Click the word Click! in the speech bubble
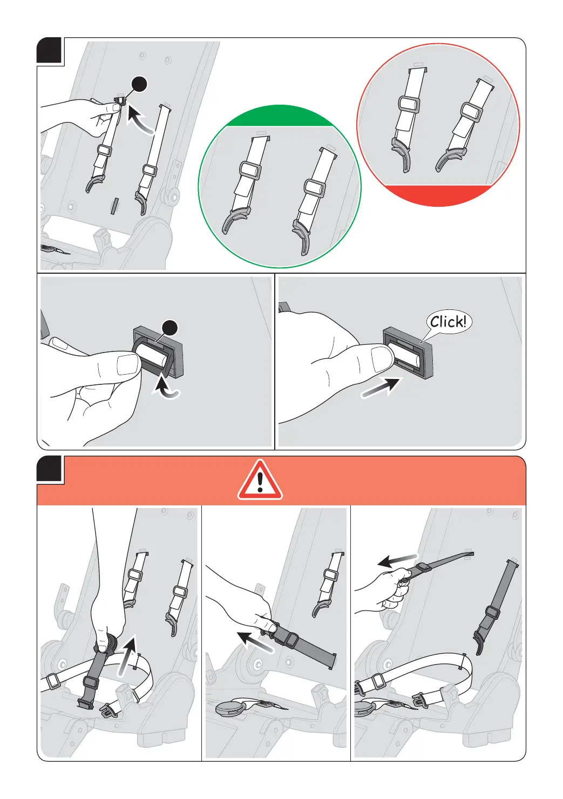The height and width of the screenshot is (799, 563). click(448, 322)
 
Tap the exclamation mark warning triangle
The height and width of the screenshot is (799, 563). click(260, 480)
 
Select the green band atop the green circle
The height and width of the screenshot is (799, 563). click(280, 116)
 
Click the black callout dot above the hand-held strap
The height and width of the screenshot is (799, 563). click(139, 84)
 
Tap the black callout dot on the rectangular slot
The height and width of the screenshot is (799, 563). click(170, 328)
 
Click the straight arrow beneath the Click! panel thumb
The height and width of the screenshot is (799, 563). click(380, 388)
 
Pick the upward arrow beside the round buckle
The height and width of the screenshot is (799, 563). click(127, 655)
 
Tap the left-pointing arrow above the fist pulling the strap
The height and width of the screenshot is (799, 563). click(397, 561)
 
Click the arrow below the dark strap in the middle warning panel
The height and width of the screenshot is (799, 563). click(255, 641)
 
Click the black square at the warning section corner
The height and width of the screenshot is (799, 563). click(49, 469)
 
